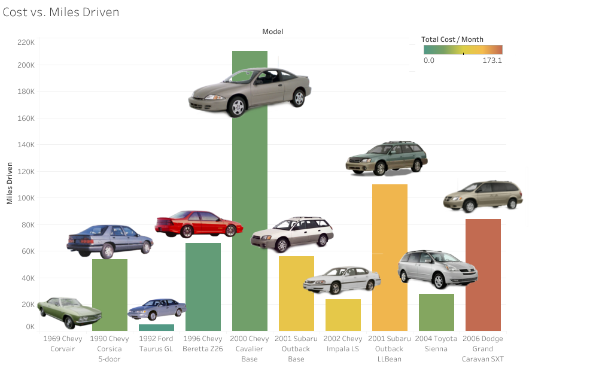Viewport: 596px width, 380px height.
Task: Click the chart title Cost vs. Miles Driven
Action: click(x=61, y=13)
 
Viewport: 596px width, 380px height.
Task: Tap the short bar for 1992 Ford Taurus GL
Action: click(x=156, y=327)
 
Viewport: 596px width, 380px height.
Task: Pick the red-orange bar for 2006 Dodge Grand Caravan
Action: click(x=483, y=275)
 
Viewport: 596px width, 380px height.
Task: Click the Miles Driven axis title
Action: click(x=10, y=182)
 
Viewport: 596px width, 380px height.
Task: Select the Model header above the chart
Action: click(x=272, y=31)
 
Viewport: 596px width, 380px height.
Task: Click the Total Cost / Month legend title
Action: click(x=452, y=39)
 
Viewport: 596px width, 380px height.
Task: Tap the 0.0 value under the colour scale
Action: click(x=429, y=60)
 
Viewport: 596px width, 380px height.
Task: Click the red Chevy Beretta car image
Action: click(x=199, y=223)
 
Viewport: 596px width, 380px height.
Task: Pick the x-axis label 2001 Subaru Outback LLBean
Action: click(x=390, y=349)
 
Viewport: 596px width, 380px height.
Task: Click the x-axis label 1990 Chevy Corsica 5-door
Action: click(x=110, y=349)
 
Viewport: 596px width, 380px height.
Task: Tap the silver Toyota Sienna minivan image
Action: click(x=438, y=269)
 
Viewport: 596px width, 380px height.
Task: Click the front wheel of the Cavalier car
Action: click(x=238, y=107)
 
